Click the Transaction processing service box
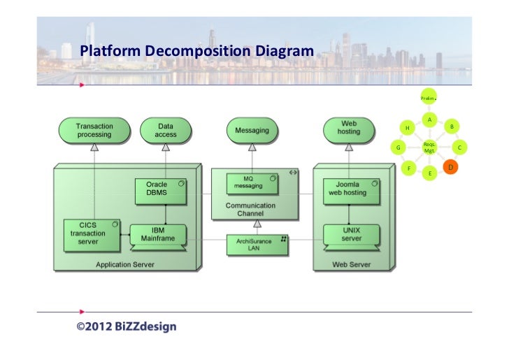(94, 130)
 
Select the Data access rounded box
(166, 130)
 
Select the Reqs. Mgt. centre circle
(429, 147)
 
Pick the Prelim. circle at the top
(429, 98)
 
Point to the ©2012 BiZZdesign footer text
(127, 326)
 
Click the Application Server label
(126, 264)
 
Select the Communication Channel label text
(250, 210)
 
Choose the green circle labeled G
(399, 147)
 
